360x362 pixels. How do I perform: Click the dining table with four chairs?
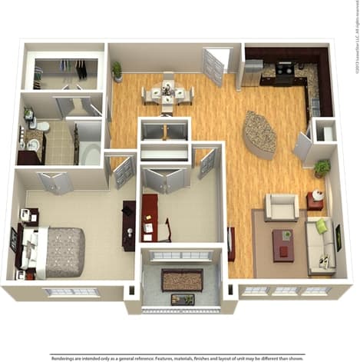tap(167, 95)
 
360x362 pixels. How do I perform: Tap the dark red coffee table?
tap(282, 244)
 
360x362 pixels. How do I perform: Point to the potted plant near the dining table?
tap(117, 71)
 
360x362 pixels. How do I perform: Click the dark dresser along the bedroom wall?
tap(128, 225)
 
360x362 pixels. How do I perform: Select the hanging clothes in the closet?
tap(81, 70)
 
